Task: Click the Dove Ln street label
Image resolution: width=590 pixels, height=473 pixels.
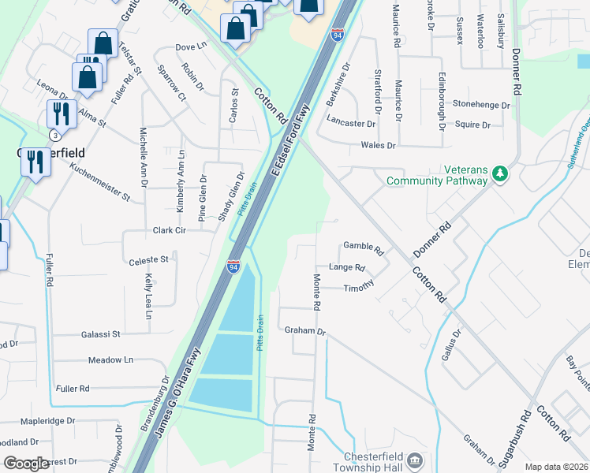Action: pos(191,47)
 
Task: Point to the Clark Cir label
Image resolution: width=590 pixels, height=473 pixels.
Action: pos(169,231)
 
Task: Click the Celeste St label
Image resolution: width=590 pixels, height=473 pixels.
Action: pos(148,259)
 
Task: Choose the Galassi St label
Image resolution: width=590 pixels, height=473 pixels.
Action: pos(100,334)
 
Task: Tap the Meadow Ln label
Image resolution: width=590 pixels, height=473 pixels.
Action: pos(111,360)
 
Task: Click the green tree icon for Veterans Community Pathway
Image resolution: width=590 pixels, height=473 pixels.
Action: pos(499,173)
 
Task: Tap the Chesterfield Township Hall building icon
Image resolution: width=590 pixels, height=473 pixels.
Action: pos(416,460)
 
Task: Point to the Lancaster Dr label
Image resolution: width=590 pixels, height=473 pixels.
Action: pos(351,124)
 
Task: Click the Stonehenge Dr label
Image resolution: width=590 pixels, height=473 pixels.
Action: pos(481,104)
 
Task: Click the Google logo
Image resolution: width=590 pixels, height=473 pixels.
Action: pos(25,464)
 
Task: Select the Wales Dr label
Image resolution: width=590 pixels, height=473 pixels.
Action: pos(377,145)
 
